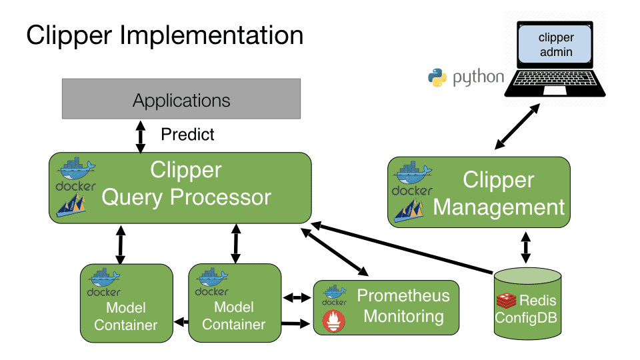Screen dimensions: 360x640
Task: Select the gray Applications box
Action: [181, 101]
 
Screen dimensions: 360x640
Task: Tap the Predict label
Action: [187, 135]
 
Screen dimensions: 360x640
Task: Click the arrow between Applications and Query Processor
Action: [140, 136]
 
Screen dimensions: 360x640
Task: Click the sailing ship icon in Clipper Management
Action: [409, 210]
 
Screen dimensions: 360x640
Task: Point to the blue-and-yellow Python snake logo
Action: [437, 78]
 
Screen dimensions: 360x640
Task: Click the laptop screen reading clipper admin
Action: [555, 45]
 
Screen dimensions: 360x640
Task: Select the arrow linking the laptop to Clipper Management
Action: [517, 126]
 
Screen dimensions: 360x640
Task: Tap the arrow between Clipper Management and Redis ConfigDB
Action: [525, 247]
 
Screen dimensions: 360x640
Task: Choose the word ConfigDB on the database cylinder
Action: [525, 317]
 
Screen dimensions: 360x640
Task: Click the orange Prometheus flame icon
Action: [334, 321]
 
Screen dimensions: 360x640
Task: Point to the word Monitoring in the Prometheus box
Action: [403, 316]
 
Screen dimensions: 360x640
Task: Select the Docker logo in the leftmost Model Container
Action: [103, 283]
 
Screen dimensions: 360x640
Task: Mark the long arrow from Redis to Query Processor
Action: [400, 249]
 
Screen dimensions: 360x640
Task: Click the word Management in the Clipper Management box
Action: [499, 207]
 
